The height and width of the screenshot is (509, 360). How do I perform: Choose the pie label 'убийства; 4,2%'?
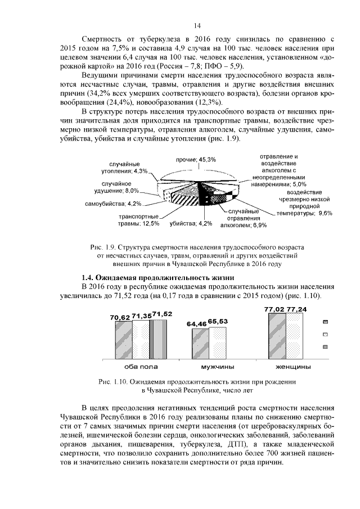191,223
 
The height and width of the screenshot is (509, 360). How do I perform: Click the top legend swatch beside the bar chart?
325,322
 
